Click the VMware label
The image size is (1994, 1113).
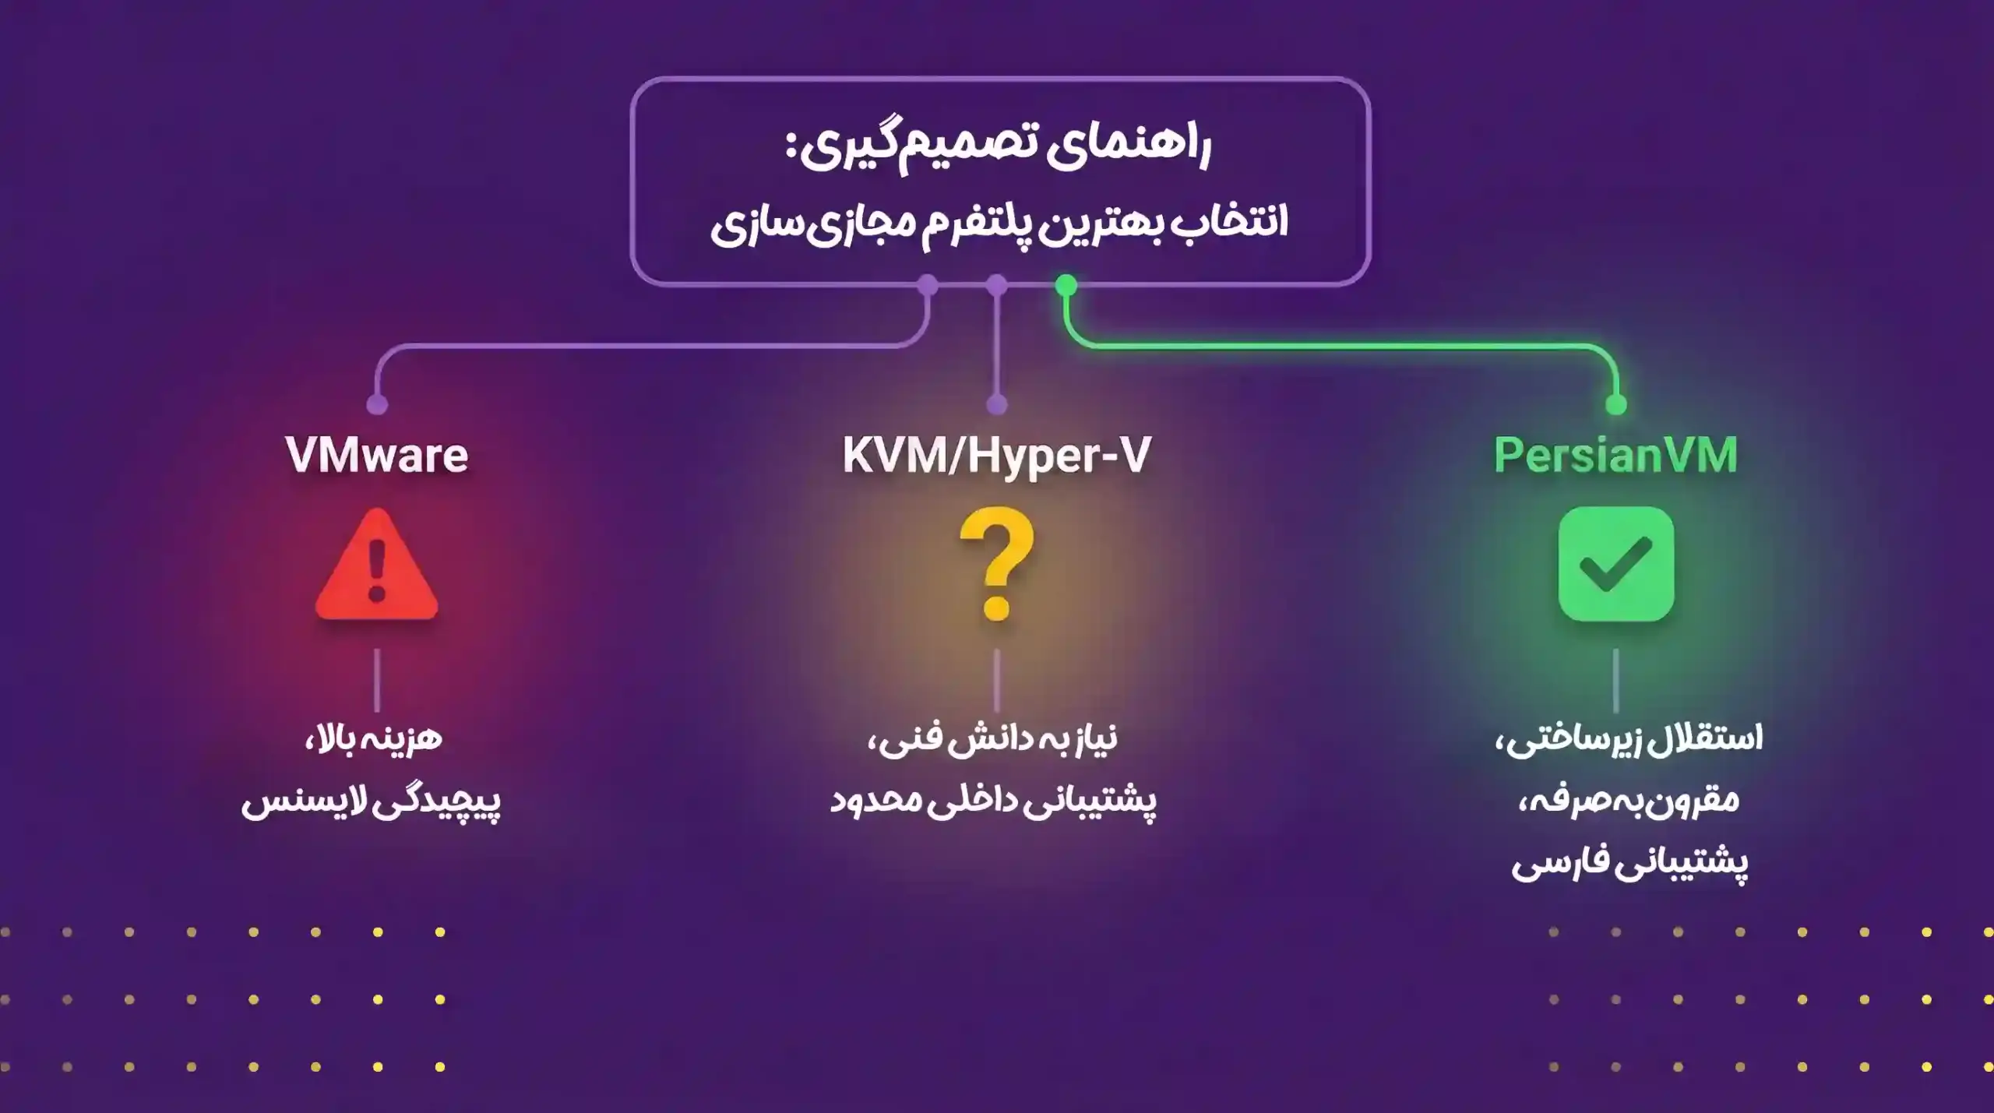[377, 455]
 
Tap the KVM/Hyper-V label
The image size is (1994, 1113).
[996, 456]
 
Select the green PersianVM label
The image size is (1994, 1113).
[1615, 455]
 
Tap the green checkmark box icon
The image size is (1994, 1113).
[1616, 564]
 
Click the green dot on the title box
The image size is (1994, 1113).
[1066, 285]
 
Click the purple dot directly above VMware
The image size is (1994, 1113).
[377, 404]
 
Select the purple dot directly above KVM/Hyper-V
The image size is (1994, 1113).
[997, 404]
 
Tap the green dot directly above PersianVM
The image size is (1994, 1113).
[1616, 404]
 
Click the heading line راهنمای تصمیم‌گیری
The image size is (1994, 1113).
[999, 148]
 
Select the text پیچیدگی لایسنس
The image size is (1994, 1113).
[371, 801]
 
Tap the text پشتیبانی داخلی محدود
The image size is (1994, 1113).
[993, 801]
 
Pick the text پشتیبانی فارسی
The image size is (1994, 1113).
[1630, 864]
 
